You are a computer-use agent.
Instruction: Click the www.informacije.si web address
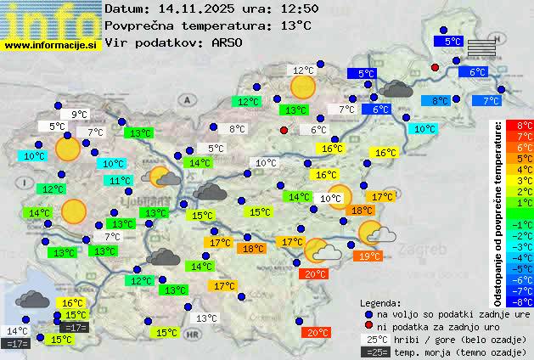pyautogui.click(x=51, y=44)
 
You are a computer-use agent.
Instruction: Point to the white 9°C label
pyautogui.click(x=80, y=115)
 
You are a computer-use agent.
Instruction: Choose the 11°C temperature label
pyautogui.click(x=119, y=181)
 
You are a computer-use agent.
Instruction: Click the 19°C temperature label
pyautogui.click(x=369, y=256)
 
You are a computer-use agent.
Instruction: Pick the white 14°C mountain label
pyautogui.click(x=17, y=331)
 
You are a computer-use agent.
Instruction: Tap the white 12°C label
pyautogui.click(x=303, y=70)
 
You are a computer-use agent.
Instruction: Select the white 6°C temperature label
pyautogui.click(x=318, y=130)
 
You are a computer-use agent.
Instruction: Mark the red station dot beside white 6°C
pyautogui.click(x=284, y=130)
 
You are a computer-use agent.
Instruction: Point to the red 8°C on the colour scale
pyautogui.click(x=525, y=126)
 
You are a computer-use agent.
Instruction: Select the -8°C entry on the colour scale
pyautogui.click(x=525, y=301)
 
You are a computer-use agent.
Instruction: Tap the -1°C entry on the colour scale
pyautogui.click(x=525, y=225)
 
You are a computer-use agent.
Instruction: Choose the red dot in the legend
pyautogui.click(x=368, y=327)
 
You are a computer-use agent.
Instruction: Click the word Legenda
pyautogui.click(x=380, y=302)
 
